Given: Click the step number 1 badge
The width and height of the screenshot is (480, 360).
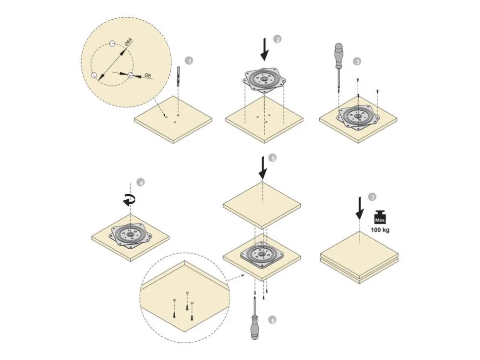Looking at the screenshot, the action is click(x=190, y=61).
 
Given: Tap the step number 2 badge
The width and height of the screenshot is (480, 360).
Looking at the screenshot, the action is click(x=277, y=40).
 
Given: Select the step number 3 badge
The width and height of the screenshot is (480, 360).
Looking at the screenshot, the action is click(x=357, y=61).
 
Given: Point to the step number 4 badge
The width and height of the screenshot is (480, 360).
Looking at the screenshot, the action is click(x=141, y=182).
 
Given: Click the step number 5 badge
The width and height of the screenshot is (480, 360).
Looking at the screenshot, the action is click(x=272, y=158).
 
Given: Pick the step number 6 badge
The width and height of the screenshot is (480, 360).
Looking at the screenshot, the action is click(x=272, y=320).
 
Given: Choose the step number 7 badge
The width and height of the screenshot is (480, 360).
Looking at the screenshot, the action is click(x=372, y=197).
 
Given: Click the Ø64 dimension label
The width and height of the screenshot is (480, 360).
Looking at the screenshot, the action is click(x=129, y=42).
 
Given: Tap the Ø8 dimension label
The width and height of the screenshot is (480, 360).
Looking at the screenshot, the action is click(x=148, y=76).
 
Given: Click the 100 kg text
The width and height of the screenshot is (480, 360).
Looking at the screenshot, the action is click(x=380, y=230).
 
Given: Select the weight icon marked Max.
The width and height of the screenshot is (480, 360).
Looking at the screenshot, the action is click(x=380, y=217).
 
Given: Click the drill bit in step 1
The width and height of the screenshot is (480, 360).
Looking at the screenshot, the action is click(x=178, y=76).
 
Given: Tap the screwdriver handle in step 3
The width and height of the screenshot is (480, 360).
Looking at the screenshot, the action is click(x=338, y=56).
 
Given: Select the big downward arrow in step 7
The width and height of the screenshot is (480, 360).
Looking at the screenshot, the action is click(x=360, y=208).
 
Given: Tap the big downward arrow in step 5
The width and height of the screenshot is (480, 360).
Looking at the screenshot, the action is click(x=263, y=168).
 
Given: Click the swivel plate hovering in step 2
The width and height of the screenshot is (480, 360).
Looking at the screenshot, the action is click(x=264, y=81).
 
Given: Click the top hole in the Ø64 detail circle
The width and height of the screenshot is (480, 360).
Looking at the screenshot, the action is click(x=112, y=44).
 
